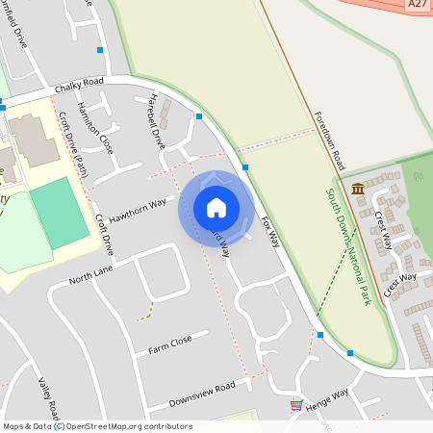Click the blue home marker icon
pos(216,208)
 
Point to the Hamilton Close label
pos(96,128)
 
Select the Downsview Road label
pos(201,392)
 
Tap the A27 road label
pos(418,5)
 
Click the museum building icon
pos(358,187)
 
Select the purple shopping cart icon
pos(296,405)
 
